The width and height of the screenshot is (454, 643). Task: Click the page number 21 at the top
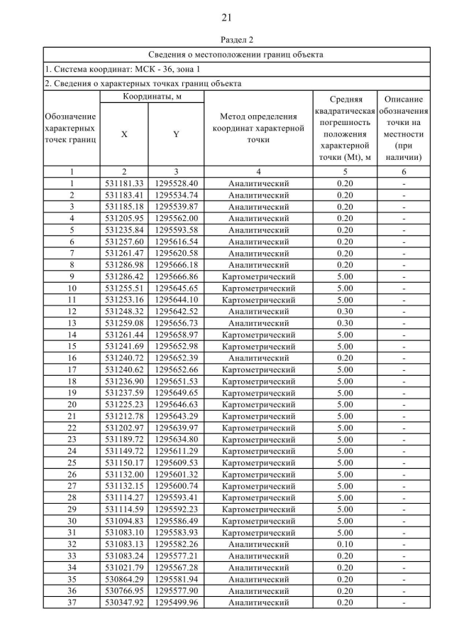click(227, 17)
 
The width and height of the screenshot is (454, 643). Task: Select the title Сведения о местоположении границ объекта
click(236, 54)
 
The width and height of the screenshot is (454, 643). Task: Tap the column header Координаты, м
click(150, 96)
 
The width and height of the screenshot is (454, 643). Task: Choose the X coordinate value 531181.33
click(124, 183)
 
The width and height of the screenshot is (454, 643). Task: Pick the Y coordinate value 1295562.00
click(176, 218)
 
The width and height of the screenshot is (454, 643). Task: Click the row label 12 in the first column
click(72, 310)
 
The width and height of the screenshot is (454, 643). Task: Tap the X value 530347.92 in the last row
click(124, 603)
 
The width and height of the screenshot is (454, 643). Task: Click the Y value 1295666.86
click(176, 276)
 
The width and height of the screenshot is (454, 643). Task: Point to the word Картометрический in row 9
click(258, 276)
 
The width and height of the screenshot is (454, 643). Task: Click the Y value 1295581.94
click(176, 579)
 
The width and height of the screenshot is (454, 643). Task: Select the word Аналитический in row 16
click(258, 357)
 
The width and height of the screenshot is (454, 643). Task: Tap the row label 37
click(72, 603)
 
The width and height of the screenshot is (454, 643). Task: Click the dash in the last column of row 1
click(403, 183)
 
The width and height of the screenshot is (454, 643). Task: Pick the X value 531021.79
click(124, 568)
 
